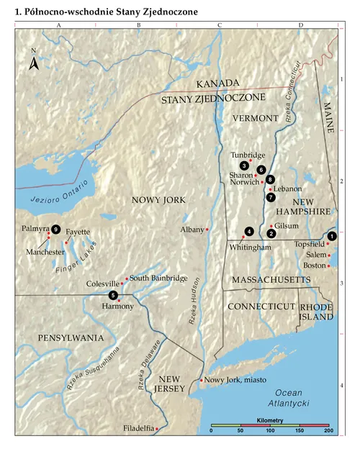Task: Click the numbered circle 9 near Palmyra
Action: [x=55, y=230]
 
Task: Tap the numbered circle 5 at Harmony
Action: [x=112, y=295]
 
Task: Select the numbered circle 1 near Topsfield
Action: [x=332, y=236]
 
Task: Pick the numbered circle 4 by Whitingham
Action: [x=249, y=231]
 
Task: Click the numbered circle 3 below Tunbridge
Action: [x=245, y=165]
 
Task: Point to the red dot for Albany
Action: [x=207, y=229]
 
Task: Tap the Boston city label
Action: [x=314, y=266]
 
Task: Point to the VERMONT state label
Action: [x=256, y=117]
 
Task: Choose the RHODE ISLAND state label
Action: [x=316, y=312]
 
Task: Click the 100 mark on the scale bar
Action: [x=270, y=430]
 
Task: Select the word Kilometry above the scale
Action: [x=270, y=419]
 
